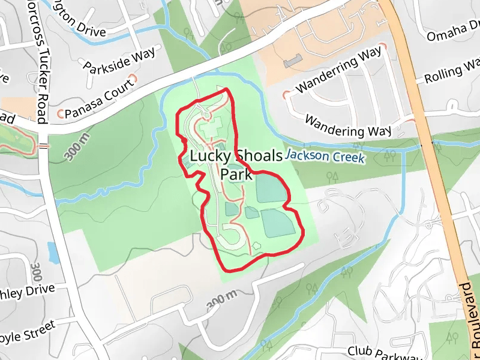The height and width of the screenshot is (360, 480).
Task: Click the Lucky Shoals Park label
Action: (236, 165)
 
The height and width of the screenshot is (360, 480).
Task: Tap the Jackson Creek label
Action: (324, 157)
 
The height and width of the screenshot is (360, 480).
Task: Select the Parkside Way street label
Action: (119, 59)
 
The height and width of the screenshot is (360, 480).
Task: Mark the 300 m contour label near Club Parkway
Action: (222, 299)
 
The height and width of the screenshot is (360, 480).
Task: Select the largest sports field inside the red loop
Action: (278, 223)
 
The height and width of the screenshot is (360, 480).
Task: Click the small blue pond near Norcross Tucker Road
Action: (53, 253)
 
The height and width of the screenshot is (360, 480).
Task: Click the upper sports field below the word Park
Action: (271, 189)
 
